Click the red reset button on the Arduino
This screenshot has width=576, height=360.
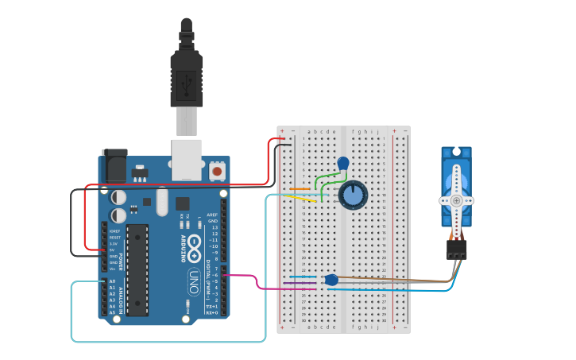217,171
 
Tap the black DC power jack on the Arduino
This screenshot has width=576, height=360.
114,166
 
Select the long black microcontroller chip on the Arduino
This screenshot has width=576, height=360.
137,269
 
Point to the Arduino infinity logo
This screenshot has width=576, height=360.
194,256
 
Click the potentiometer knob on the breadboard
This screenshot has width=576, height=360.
353,195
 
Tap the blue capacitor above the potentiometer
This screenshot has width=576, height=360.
343,164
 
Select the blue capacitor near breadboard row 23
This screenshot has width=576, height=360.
331,280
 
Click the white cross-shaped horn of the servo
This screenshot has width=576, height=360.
457,200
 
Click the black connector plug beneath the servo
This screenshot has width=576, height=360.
456,250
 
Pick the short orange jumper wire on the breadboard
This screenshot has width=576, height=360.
300,189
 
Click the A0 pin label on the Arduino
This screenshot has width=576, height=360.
111,281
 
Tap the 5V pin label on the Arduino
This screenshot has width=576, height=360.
113,250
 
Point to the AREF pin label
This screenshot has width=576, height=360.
212,215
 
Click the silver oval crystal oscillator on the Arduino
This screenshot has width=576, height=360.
162,201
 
